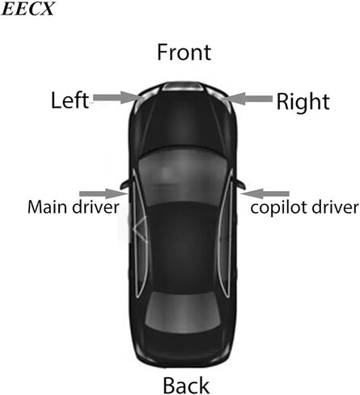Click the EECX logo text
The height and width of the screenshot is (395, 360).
point(28,9)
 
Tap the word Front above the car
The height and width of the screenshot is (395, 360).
point(184,52)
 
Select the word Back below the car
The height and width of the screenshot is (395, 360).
point(186,385)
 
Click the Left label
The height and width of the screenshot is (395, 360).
point(70,100)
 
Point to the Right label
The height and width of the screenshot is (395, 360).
point(303,102)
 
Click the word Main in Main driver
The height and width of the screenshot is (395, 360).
point(48,207)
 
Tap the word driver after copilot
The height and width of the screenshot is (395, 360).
point(335,207)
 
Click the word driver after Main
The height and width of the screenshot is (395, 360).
point(95,207)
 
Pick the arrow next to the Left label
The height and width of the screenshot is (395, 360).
point(116,97)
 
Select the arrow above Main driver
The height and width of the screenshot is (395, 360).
point(104,193)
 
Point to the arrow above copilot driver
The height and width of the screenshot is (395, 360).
point(265,193)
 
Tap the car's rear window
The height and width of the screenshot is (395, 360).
point(183,312)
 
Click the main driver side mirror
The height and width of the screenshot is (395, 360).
point(125,184)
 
